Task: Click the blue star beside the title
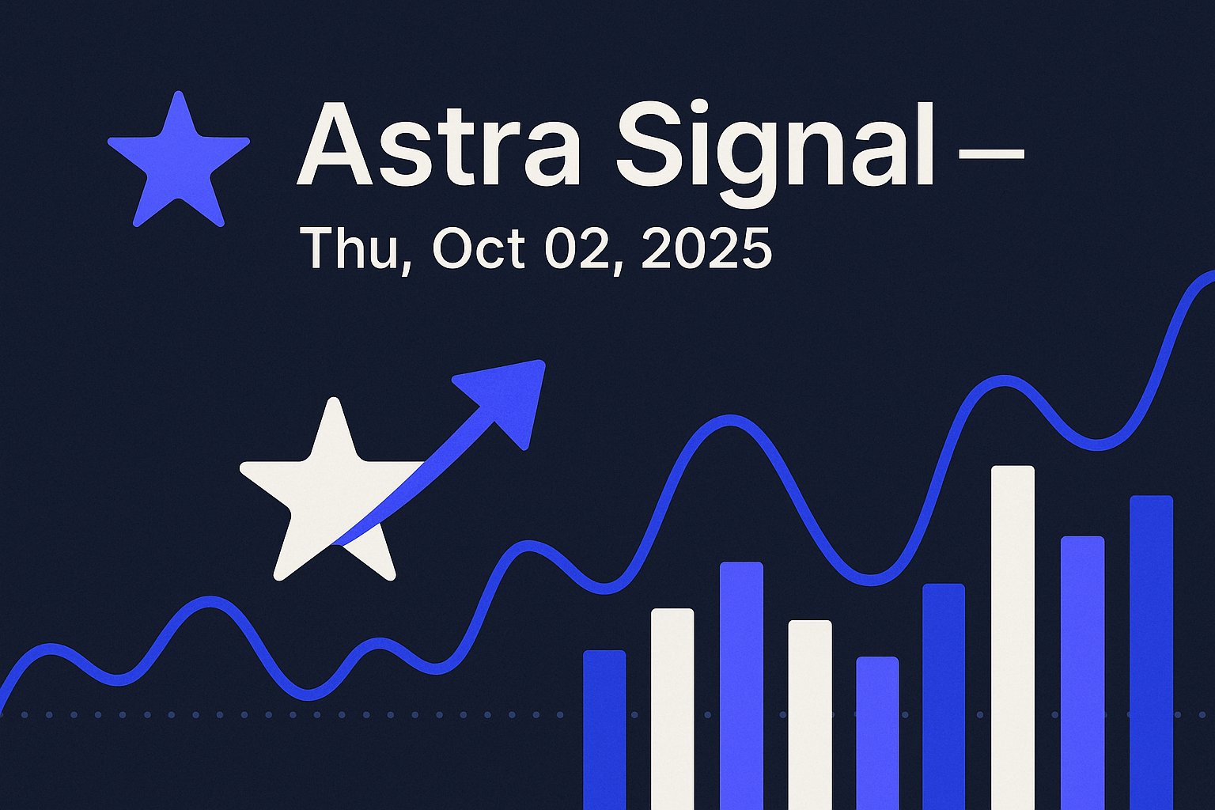tap(179, 163)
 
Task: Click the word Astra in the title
tap(439, 144)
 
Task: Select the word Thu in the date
tap(354, 248)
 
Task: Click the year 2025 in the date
tap(706, 249)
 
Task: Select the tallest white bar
tap(1012, 638)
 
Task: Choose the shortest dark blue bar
tap(604, 729)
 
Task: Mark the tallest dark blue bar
tap(1152, 652)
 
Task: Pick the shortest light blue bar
tap(877, 733)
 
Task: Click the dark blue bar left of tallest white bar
tap(944, 697)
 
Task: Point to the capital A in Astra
tap(335, 144)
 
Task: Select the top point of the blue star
tap(179, 92)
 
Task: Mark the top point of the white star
tap(334, 399)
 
